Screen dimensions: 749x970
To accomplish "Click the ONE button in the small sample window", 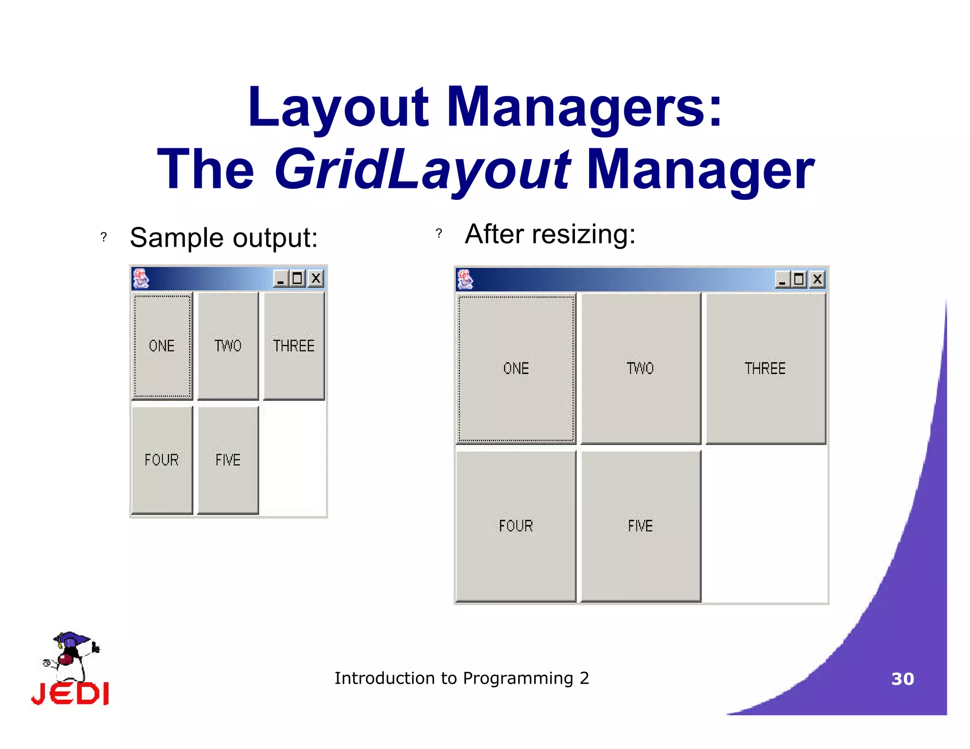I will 162,346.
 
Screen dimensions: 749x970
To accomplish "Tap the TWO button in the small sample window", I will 228,346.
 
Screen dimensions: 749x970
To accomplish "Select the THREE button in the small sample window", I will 294,346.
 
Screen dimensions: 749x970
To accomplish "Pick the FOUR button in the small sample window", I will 162,460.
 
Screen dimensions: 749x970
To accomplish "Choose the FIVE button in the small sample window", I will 228,460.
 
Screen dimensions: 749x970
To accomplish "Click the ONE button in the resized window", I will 516,368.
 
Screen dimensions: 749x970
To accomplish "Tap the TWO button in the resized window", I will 640,368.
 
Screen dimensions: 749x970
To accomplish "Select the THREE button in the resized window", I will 765,368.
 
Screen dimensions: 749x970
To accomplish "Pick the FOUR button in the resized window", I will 516,526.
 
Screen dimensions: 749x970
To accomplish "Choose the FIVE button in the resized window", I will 640,526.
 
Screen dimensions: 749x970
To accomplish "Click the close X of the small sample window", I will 316,278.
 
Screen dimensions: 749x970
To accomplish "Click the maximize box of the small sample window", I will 297,278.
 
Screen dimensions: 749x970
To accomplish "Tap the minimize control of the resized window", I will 781,280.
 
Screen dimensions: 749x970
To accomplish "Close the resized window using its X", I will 817,280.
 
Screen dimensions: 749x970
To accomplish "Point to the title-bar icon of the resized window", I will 465,279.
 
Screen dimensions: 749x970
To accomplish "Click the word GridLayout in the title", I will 422,169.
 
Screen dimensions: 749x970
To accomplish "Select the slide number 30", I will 902,679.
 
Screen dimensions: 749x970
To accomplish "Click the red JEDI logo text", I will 70,694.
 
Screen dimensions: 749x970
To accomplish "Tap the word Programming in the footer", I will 518,678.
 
